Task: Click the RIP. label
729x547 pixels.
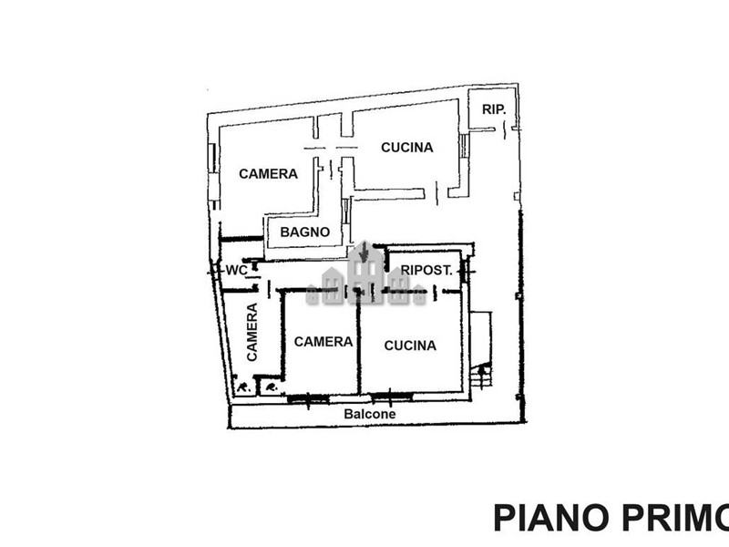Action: pyautogui.click(x=493, y=109)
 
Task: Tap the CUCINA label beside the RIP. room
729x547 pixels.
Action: pyautogui.click(x=406, y=148)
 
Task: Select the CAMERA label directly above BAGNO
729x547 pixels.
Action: pyautogui.click(x=268, y=174)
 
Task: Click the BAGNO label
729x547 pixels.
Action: pyautogui.click(x=305, y=232)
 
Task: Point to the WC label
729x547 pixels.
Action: pyautogui.click(x=236, y=270)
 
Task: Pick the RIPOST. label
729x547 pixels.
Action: pyautogui.click(x=426, y=270)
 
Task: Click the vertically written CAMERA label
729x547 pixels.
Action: pyautogui.click(x=252, y=332)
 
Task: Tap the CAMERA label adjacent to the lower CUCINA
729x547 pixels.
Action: pyautogui.click(x=323, y=342)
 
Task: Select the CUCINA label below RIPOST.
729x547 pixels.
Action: pyautogui.click(x=410, y=346)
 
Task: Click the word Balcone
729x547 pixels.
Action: pyautogui.click(x=370, y=414)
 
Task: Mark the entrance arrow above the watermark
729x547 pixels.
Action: pyautogui.click(x=364, y=252)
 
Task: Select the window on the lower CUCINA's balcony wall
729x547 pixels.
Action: pyautogui.click(x=391, y=396)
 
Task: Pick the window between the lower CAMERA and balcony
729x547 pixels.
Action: pyautogui.click(x=308, y=398)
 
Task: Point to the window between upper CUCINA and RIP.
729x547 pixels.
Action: pyautogui.click(x=464, y=146)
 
